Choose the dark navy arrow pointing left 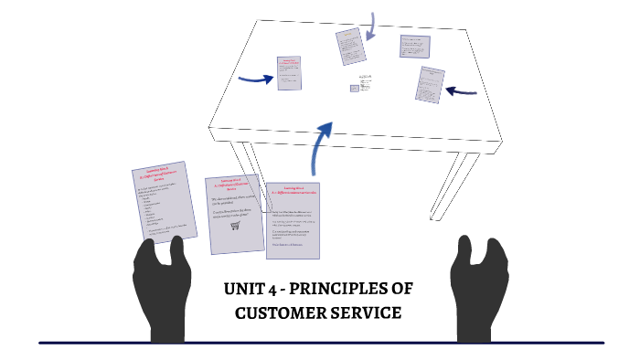click(x=461, y=90)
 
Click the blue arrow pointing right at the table click(x=255, y=79)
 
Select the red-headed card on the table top click(x=289, y=73)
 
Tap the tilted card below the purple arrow click(x=349, y=47)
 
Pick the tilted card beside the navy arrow click(x=430, y=85)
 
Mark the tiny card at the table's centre click(x=354, y=89)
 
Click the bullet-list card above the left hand click(x=160, y=202)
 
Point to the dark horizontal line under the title click(x=320, y=343)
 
